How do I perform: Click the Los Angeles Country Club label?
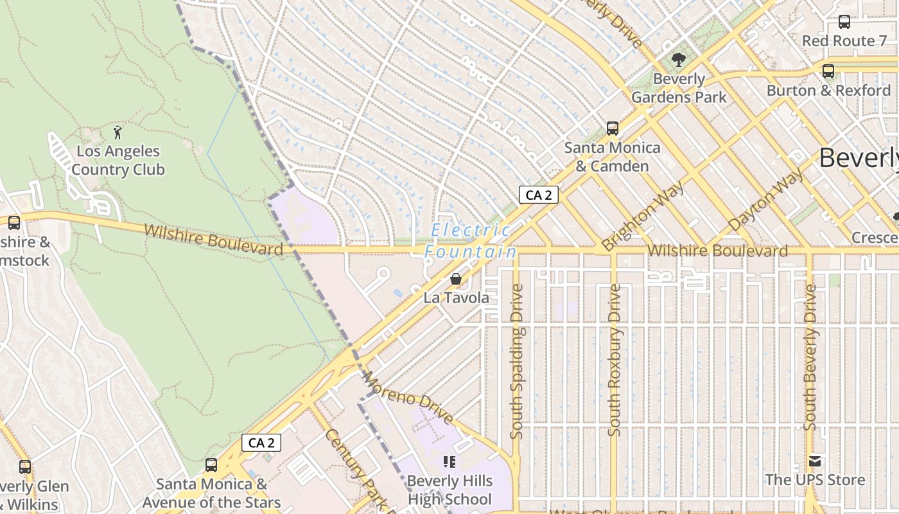(118, 161)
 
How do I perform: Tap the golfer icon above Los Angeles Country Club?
(118, 133)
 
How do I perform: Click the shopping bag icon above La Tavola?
(455, 279)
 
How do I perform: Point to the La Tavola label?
(456, 297)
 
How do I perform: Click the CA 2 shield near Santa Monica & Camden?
(538, 195)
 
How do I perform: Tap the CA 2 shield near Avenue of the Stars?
(261, 443)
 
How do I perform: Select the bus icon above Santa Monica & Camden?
(612, 128)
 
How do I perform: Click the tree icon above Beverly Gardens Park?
(678, 60)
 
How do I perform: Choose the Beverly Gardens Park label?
(679, 88)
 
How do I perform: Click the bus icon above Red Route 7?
(844, 22)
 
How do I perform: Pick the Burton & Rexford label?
(828, 90)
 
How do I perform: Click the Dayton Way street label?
(765, 200)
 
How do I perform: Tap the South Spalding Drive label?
(517, 361)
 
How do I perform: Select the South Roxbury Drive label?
(615, 360)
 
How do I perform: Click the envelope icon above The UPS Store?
(815, 461)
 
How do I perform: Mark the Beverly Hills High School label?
(449, 490)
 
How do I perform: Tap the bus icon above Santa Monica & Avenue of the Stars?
(211, 465)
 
